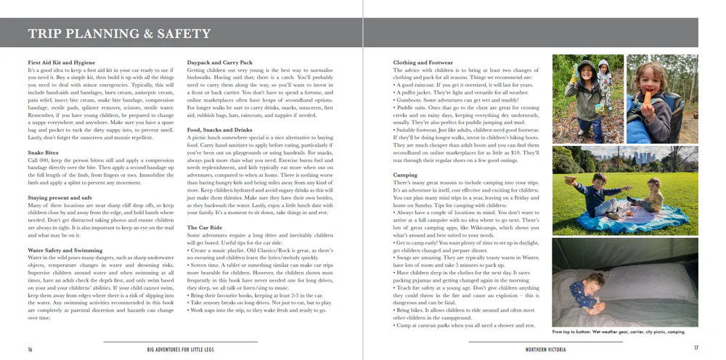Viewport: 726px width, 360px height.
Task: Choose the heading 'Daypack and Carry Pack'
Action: (219, 63)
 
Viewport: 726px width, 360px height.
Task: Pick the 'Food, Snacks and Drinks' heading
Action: (219, 130)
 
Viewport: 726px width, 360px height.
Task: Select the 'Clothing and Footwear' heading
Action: (423, 63)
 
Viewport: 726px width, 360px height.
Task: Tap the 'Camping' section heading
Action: (405, 175)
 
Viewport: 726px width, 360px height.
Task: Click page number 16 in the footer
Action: (30, 349)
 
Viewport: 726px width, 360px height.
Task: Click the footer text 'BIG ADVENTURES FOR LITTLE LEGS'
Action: (180, 349)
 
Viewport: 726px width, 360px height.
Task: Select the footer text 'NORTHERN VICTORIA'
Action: (546, 349)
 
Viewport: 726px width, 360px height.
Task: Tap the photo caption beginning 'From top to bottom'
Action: (619, 332)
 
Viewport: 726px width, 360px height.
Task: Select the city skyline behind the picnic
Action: (643, 157)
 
